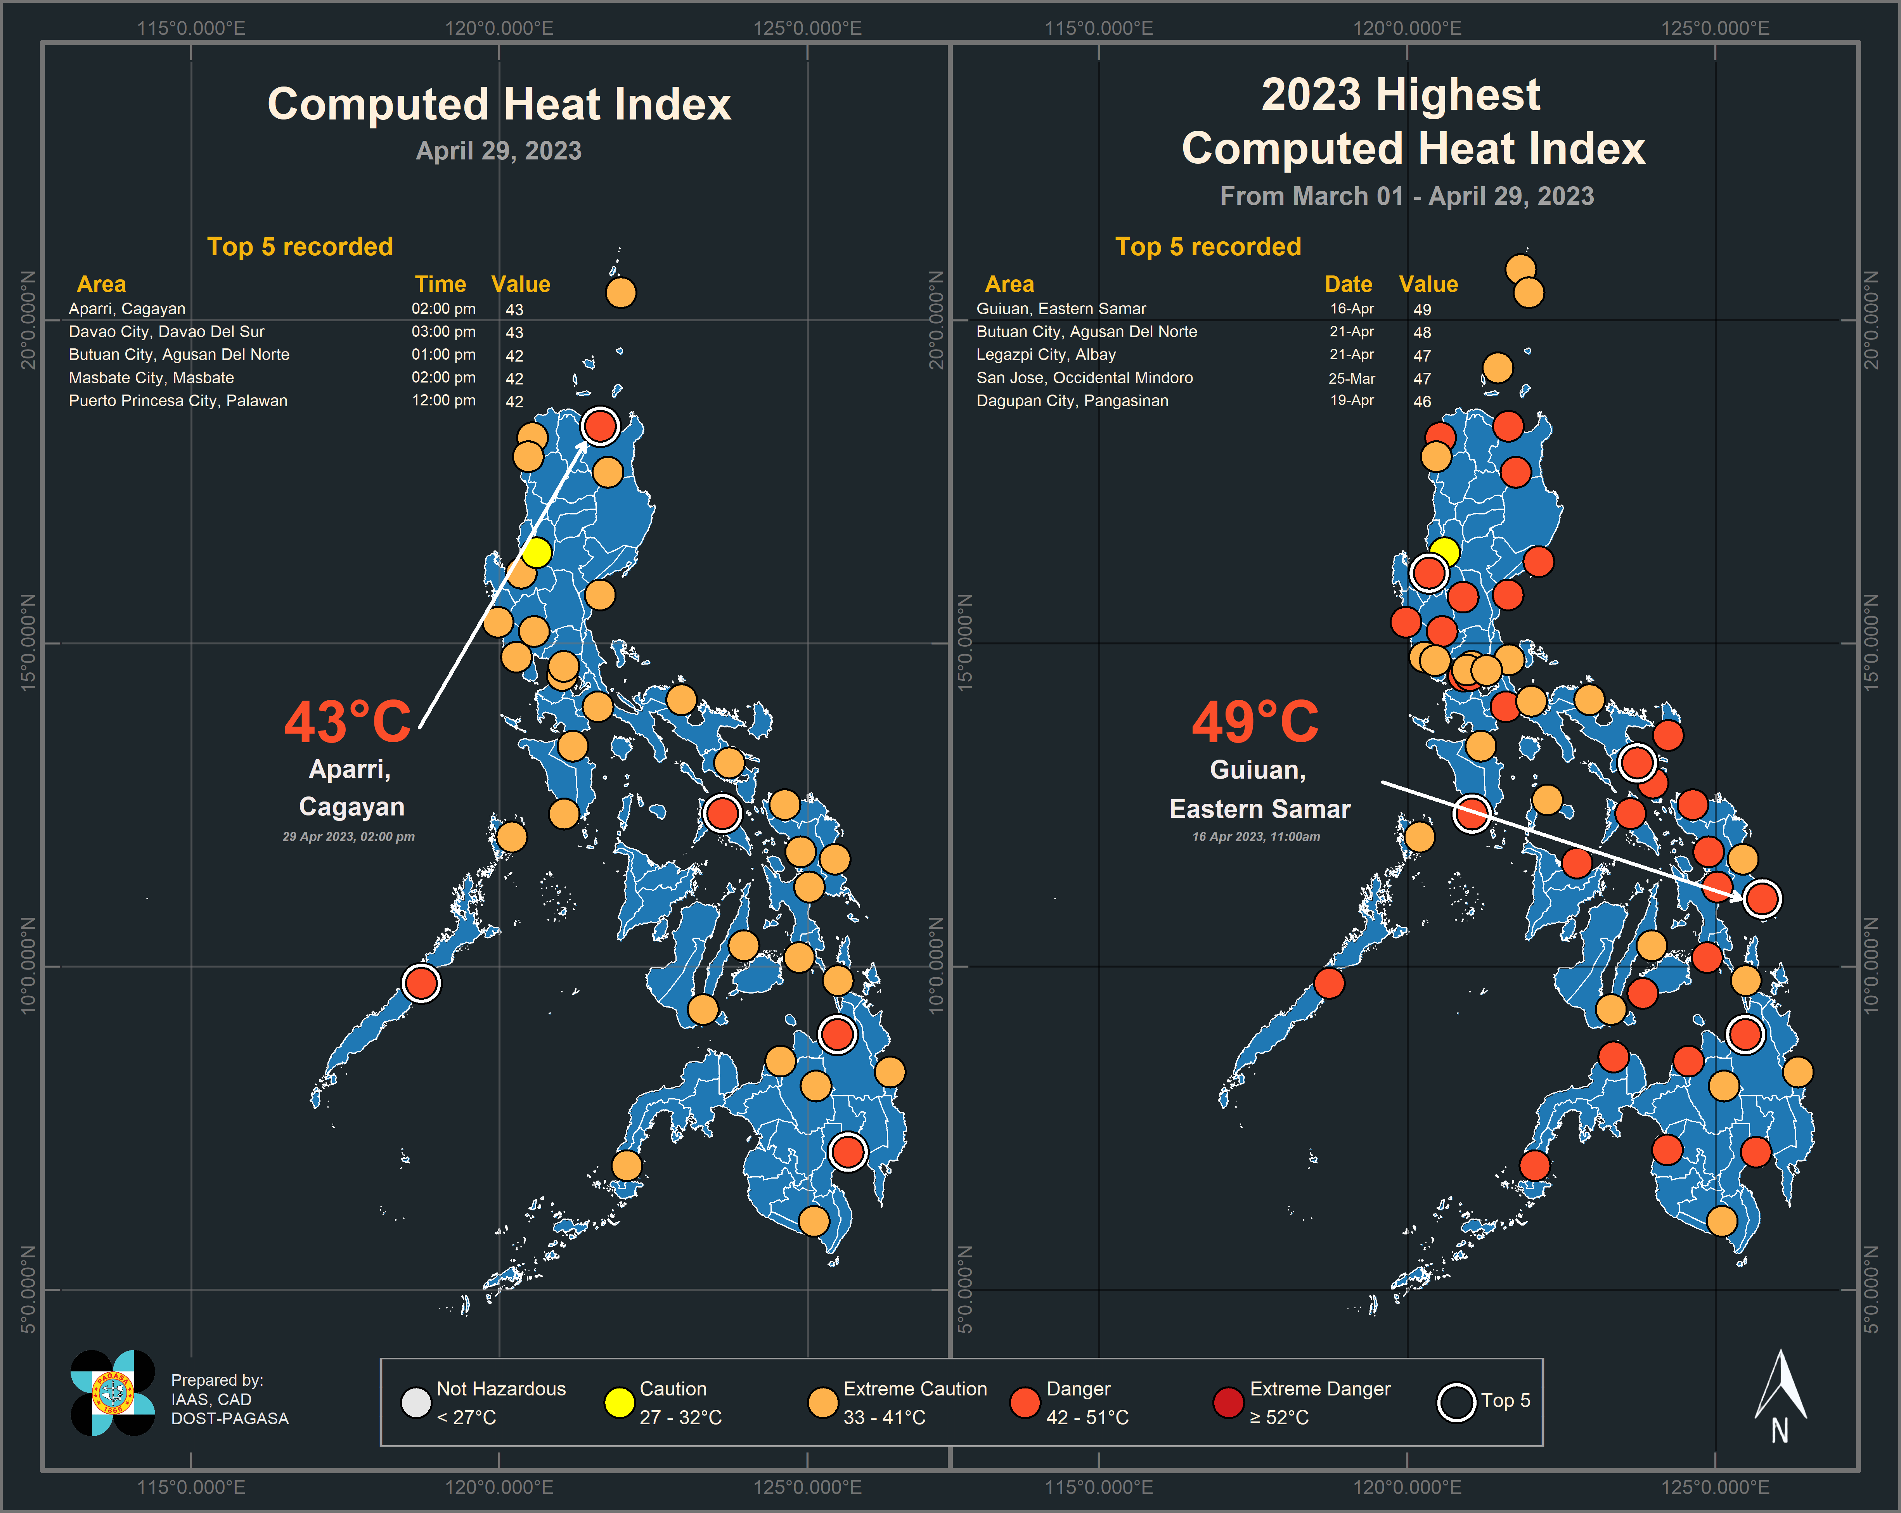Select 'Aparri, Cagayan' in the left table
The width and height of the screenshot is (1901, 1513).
(127, 308)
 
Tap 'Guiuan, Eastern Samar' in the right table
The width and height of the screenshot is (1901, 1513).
(1061, 308)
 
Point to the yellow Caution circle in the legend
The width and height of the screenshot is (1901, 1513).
(619, 1402)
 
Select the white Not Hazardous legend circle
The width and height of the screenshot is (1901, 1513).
(415, 1402)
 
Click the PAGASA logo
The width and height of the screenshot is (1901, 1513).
(113, 1393)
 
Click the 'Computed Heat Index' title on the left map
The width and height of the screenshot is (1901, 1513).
(499, 104)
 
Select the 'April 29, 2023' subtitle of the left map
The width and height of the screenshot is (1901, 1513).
(499, 151)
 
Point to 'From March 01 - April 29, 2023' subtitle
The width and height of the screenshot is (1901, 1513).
(1406, 196)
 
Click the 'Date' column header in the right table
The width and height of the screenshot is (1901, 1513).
(1348, 284)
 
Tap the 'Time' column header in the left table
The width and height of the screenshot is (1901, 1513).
(440, 284)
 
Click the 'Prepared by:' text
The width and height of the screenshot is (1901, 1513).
(217, 1380)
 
